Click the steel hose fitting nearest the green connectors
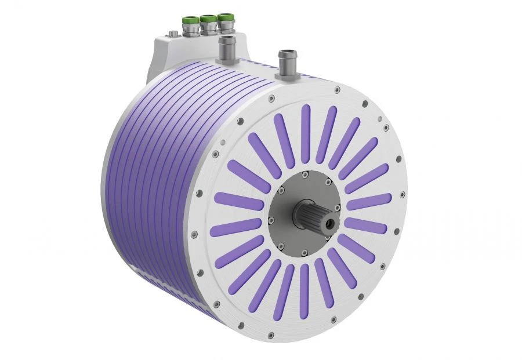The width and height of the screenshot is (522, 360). pos(225,46)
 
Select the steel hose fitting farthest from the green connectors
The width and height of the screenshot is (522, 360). pos(286,59)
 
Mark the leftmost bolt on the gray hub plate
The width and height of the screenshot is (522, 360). pos(270,220)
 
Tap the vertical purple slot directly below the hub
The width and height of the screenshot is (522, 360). pos(301,290)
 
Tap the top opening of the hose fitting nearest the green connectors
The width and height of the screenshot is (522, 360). pos(225,39)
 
